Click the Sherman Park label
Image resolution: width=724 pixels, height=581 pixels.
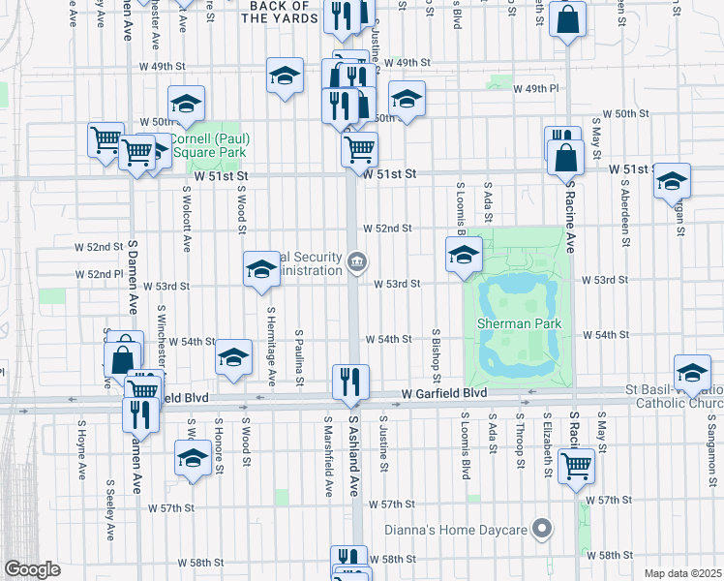point(519,322)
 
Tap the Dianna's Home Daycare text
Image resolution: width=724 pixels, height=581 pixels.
point(454,530)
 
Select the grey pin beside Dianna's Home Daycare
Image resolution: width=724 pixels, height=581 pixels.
point(542,529)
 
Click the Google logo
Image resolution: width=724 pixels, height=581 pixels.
point(32,569)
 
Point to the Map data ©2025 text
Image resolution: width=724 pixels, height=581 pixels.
point(683,573)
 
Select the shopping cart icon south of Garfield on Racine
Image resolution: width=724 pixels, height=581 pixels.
point(577,465)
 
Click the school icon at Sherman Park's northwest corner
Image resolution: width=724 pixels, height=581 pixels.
point(464,255)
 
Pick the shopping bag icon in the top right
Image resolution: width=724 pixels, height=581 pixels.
point(568,19)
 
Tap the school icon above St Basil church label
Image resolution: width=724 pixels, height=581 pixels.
point(692,374)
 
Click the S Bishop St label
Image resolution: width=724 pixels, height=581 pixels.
point(437,353)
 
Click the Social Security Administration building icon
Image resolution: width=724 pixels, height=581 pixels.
point(357,260)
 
